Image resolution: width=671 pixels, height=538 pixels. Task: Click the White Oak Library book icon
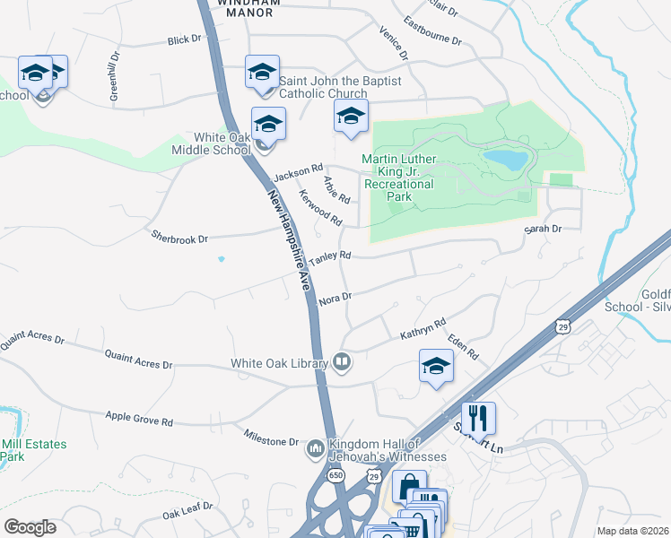click(x=342, y=362)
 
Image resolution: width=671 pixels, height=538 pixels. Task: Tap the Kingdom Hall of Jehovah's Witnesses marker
click(x=315, y=447)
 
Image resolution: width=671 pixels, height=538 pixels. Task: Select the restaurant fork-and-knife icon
click(x=478, y=418)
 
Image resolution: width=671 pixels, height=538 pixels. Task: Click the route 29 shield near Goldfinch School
click(x=562, y=325)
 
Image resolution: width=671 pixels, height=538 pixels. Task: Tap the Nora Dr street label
click(x=334, y=297)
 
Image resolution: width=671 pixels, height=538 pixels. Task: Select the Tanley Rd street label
click(x=329, y=258)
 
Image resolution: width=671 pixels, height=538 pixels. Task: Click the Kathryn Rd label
click(x=423, y=329)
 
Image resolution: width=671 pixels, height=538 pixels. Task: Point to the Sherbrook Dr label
click(x=179, y=239)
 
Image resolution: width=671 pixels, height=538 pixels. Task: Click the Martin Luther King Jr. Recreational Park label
click(x=398, y=171)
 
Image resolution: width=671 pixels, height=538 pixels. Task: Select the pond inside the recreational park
click(x=507, y=160)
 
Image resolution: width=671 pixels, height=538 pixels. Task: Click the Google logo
click(x=30, y=527)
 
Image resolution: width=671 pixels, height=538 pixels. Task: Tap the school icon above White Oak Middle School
click(x=268, y=124)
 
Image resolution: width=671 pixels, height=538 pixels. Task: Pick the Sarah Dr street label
click(x=543, y=230)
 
